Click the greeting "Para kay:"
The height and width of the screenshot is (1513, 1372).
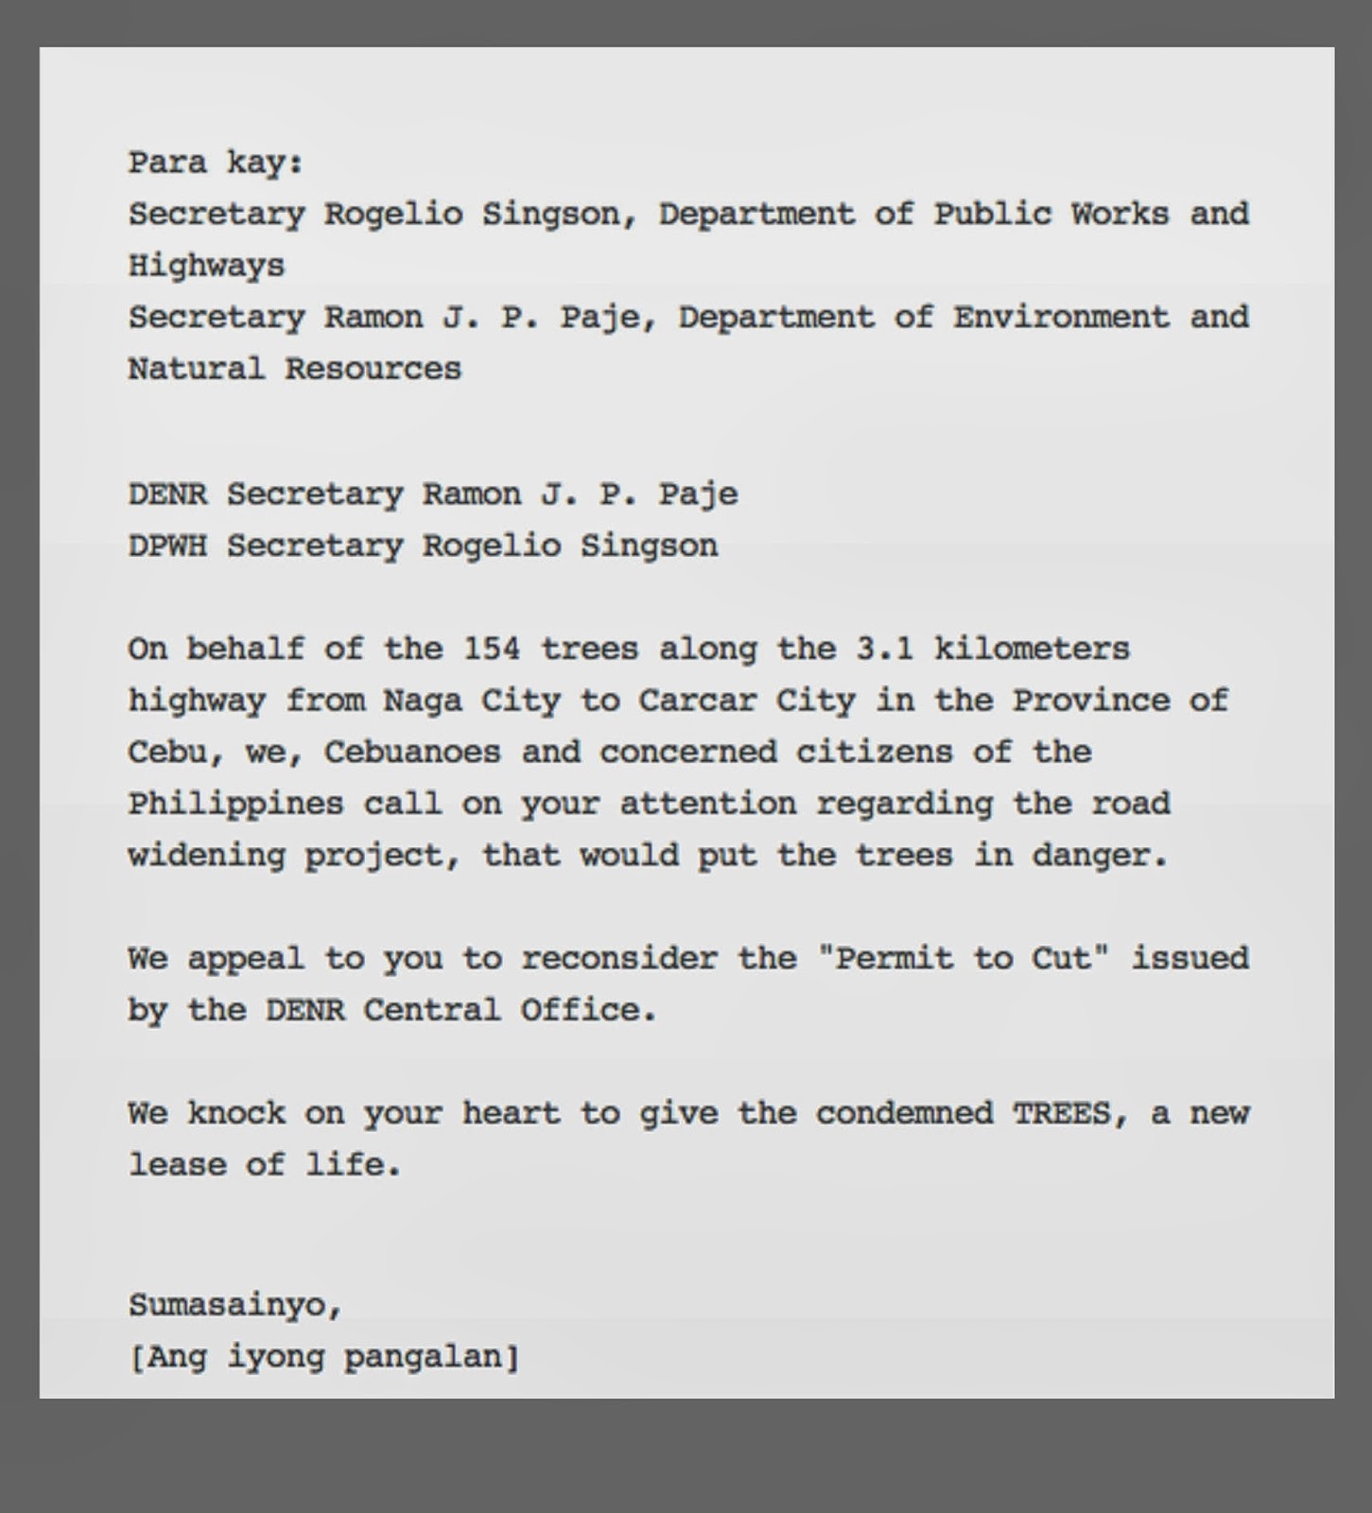pos(216,163)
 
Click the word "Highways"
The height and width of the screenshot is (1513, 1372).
pos(206,266)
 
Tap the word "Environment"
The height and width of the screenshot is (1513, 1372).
pos(1060,317)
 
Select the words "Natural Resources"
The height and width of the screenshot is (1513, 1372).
pos(294,369)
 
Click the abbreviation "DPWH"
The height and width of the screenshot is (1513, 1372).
pos(167,546)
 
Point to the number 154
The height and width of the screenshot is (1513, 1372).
pos(492,649)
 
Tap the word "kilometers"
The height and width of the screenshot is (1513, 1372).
pos(1032,649)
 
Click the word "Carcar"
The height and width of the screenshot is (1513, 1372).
pos(698,701)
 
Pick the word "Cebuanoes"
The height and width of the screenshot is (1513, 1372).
pos(412,753)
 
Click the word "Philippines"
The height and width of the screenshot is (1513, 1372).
pos(235,804)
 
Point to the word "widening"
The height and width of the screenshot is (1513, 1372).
pos(206,856)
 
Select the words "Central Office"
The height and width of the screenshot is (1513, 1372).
pos(510,1010)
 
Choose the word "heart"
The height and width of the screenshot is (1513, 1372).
pos(511,1113)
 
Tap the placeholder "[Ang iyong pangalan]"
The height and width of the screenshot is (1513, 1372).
pos(323,1358)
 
